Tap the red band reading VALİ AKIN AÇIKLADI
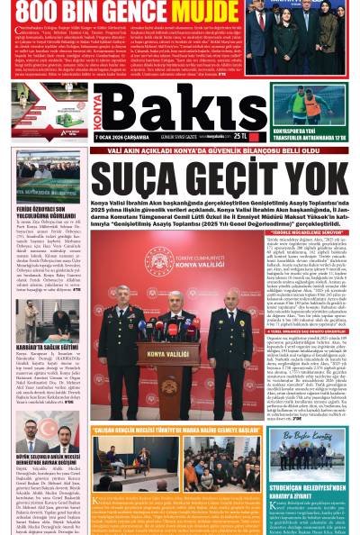[180, 150]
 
